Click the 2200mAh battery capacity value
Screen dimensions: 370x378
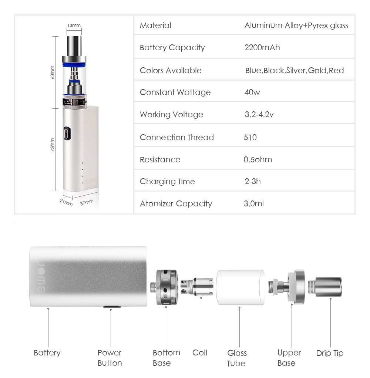(x=262, y=47)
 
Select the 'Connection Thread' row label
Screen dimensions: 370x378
(x=177, y=138)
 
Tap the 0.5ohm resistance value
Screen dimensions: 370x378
(x=258, y=159)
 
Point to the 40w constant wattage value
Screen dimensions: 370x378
(x=252, y=92)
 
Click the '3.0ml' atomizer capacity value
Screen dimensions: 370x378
(x=254, y=203)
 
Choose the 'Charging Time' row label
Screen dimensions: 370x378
(x=167, y=182)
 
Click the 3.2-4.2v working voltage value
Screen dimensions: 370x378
(x=259, y=114)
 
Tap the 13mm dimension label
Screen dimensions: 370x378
(x=74, y=25)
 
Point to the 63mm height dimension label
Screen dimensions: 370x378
(x=52, y=72)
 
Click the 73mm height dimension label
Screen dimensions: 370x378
(x=52, y=145)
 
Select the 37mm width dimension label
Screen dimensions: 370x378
(x=87, y=202)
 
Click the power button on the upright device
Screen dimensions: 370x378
(x=67, y=133)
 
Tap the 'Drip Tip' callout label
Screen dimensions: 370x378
(x=330, y=353)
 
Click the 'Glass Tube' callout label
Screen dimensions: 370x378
(x=237, y=358)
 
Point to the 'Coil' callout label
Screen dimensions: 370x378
(x=200, y=353)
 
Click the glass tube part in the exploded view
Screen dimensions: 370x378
(x=240, y=287)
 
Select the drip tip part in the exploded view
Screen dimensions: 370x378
(x=325, y=287)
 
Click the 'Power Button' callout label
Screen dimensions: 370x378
(x=110, y=358)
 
